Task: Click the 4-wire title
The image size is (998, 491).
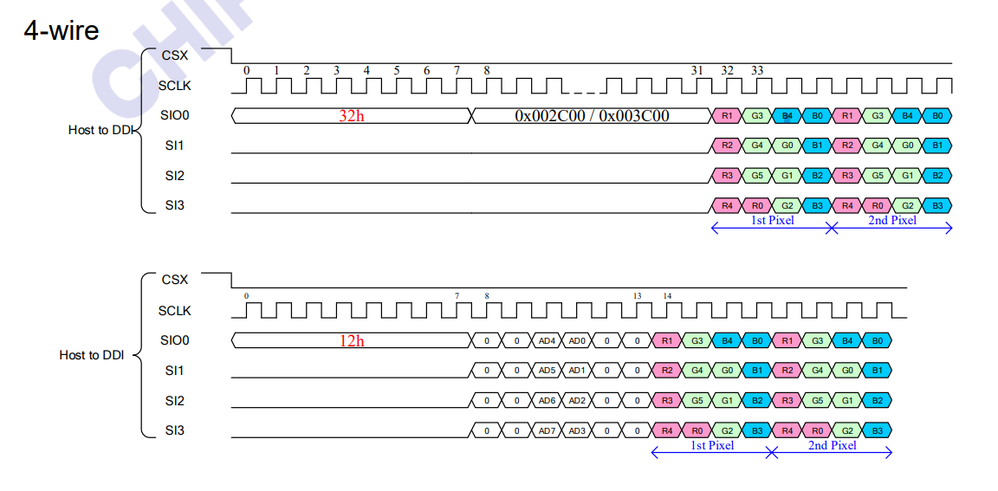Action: [62, 31]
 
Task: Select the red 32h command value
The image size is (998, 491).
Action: [351, 116]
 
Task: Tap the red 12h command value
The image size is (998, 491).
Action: [351, 341]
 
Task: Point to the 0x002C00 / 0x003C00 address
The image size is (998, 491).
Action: [592, 116]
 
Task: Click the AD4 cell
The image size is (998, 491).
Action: [547, 341]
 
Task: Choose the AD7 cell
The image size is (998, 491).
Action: [547, 430]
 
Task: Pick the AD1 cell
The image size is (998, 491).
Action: [577, 371]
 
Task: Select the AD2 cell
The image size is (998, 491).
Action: [577, 401]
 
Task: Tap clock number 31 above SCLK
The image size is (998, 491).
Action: [697, 71]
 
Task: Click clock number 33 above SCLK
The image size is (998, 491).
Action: [757, 71]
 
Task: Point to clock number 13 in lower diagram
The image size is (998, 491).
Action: [637, 296]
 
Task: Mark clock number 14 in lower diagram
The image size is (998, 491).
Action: [667, 296]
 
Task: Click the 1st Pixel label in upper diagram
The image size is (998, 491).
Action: [771, 220]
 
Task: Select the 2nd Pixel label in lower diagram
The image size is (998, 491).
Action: [832, 445]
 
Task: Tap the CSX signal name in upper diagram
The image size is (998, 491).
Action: [174, 55]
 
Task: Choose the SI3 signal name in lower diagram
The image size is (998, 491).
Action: [174, 430]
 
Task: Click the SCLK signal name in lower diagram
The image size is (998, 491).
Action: [174, 311]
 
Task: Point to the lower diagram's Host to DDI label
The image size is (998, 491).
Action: [92, 355]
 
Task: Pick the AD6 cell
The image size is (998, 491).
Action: [547, 401]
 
